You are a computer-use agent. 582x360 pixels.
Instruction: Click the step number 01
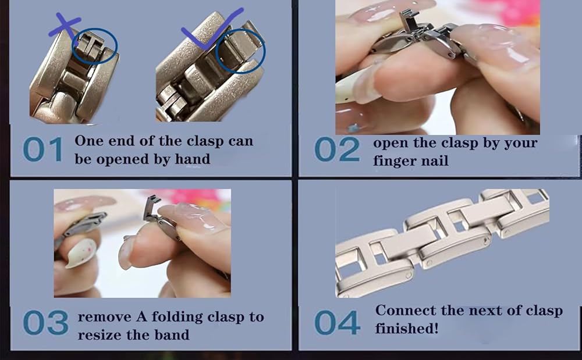click(42, 149)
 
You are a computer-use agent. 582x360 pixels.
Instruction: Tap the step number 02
click(336, 149)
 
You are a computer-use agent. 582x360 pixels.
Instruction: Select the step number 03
click(45, 323)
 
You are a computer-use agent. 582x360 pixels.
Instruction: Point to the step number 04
click(336, 323)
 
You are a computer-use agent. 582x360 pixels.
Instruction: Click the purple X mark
click(64, 25)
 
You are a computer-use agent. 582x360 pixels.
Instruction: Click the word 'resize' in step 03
click(99, 335)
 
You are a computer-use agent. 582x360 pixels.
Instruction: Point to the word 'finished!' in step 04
click(407, 328)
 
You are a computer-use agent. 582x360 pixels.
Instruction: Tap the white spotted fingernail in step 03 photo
click(81, 253)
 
